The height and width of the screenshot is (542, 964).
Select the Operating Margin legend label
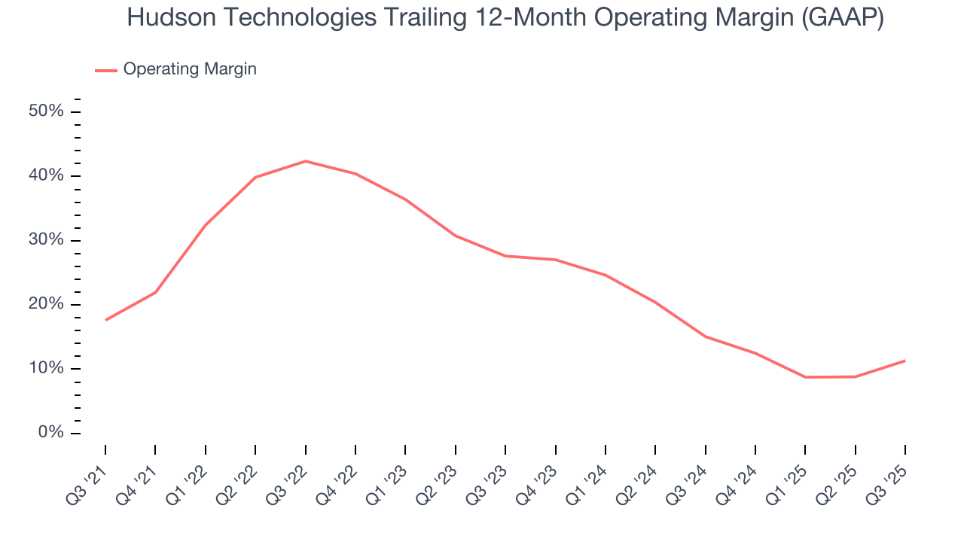coord(190,69)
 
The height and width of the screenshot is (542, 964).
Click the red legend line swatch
coord(106,70)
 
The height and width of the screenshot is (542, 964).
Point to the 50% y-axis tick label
coord(46,111)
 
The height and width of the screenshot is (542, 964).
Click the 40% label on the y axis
coord(46,175)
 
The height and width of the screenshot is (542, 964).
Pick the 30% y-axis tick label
coord(46,240)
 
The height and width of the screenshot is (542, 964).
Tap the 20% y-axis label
coord(46,304)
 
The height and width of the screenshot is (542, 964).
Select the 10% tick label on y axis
coord(46,369)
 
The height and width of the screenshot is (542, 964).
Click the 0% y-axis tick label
coord(50,433)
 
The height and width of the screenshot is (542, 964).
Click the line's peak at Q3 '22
coord(305,161)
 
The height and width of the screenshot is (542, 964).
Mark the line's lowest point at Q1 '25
coord(805,377)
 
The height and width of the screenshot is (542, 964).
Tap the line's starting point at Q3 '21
coord(105,320)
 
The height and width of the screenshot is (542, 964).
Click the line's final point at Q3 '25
coord(905,361)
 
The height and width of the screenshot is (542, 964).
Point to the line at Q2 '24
coord(655,303)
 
